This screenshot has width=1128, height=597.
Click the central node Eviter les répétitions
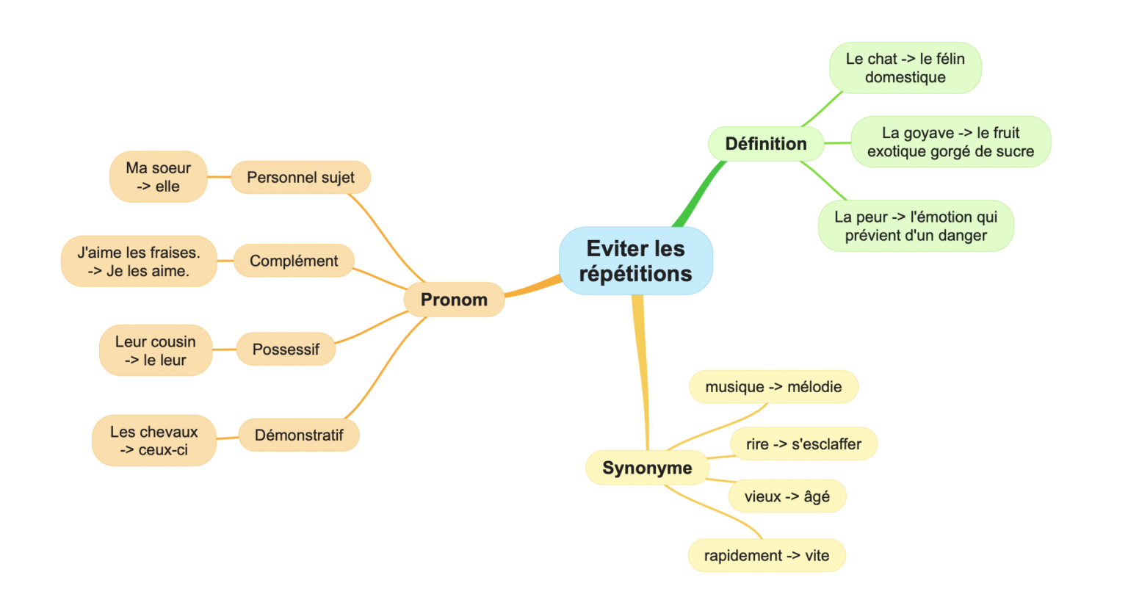click(635, 261)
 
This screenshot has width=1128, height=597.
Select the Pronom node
click(454, 300)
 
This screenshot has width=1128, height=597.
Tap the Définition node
click(765, 144)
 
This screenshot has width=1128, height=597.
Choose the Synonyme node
click(646, 468)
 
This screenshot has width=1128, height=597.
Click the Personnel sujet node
click(300, 178)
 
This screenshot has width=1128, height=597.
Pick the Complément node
click(294, 261)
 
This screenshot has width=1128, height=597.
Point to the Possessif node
click(286, 350)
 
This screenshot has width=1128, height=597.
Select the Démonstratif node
click(299, 435)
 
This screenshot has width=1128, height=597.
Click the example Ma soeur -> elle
click(158, 177)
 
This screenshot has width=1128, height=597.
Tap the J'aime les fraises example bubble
click(139, 261)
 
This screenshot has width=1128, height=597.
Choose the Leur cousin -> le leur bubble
click(156, 350)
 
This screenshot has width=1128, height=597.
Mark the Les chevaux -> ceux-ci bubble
click(154, 441)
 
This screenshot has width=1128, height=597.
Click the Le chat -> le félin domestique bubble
click(905, 68)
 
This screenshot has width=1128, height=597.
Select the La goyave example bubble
click(950, 142)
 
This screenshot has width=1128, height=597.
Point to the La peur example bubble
click(916, 226)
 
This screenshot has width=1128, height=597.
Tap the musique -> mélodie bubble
click(773, 387)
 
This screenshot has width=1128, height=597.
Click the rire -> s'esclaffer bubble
click(803, 444)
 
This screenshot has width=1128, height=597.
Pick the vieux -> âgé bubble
click(787, 496)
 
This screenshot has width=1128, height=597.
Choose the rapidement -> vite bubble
click(767, 556)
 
